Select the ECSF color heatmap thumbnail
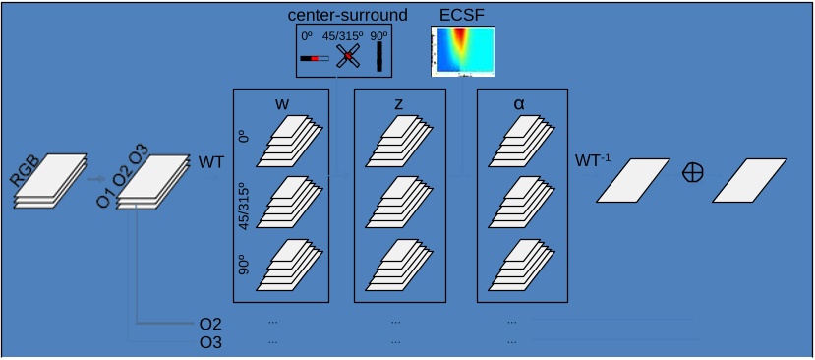click(462, 51)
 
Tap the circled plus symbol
click(693, 171)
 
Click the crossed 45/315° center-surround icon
click(346, 57)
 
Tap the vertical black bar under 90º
click(378, 57)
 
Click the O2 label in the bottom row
click(210, 324)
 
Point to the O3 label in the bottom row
click(210, 341)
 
